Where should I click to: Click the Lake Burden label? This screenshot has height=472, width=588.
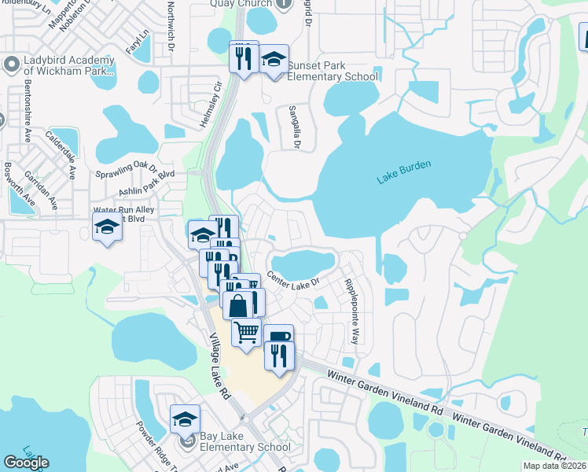(405, 174)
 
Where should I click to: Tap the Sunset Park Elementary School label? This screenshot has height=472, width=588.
(333, 71)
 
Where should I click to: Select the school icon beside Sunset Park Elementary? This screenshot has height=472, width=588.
(274, 60)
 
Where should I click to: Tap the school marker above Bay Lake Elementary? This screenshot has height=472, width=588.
(185, 419)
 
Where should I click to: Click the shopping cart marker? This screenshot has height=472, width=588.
(247, 333)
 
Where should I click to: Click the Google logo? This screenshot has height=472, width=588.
(26, 463)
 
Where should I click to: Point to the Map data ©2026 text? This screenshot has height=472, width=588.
(554, 466)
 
